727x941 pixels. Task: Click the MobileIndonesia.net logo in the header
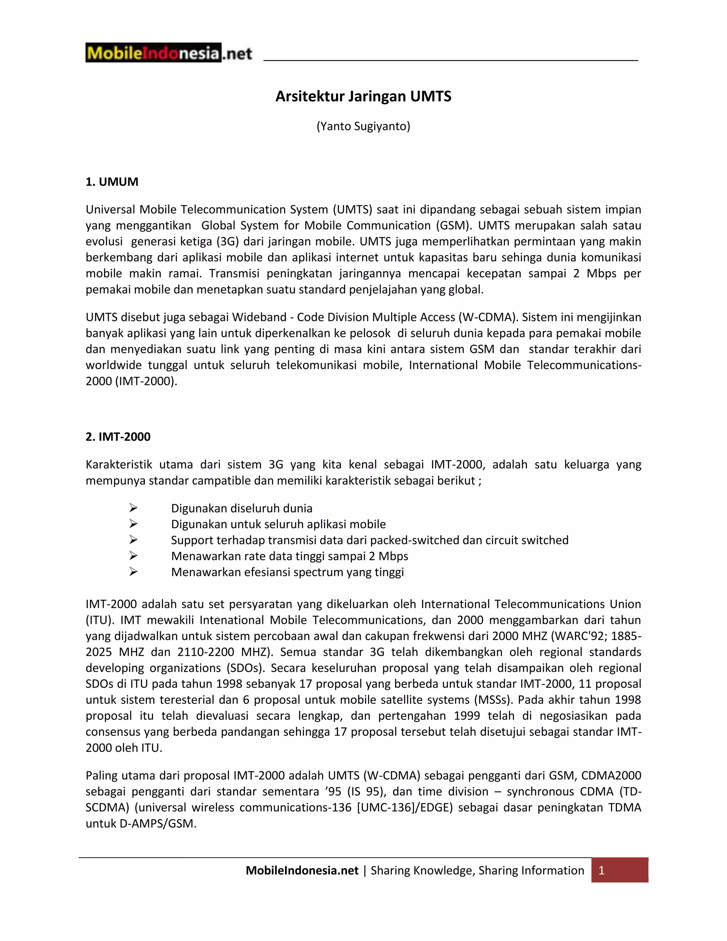[x=168, y=53]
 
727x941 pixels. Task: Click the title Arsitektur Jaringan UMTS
[x=363, y=96]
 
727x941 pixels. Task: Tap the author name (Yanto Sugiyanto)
[x=363, y=126]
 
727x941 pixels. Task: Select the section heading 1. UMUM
[x=112, y=182]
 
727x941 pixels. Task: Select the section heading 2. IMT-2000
[x=118, y=437]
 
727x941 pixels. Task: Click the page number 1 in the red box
[x=602, y=871]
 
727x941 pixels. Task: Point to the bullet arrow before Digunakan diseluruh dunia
[x=133, y=508]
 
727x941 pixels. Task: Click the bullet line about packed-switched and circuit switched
[x=370, y=540]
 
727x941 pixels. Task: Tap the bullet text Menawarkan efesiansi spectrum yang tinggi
[x=287, y=572]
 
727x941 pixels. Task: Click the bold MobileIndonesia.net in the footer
[x=302, y=871]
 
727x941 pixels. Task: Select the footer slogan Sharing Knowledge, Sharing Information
[x=477, y=871]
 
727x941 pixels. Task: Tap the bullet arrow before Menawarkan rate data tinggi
[x=133, y=556]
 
